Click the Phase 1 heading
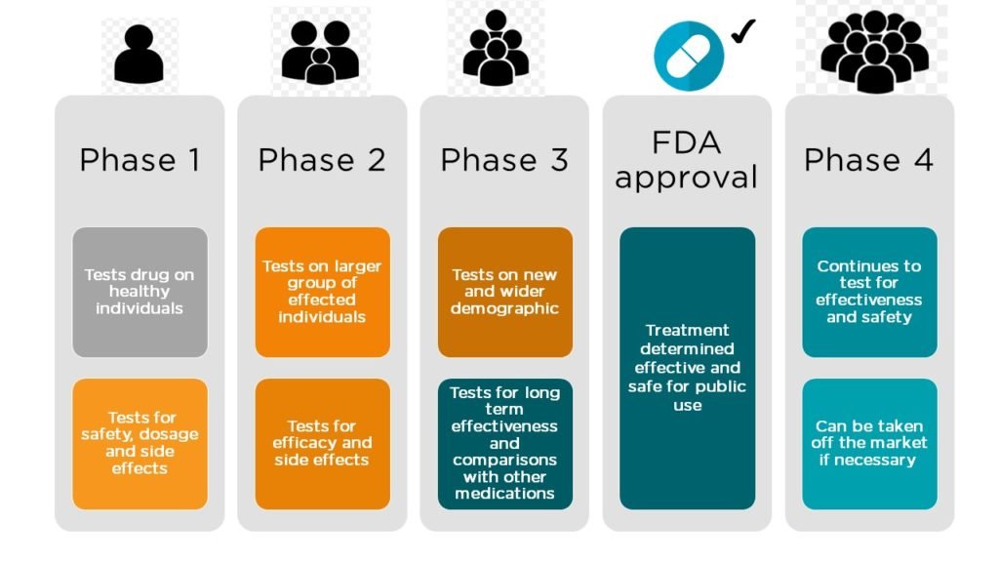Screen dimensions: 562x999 pyautogui.click(x=140, y=160)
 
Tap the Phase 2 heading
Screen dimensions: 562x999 pyautogui.click(x=322, y=160)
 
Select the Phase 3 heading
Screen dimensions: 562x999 pyautogui.click(x=504, y=160)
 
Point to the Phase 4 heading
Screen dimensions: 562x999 pyautogui.click(x=868, y=160)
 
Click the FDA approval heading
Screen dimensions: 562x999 pyautogui.click(x=686, y=160)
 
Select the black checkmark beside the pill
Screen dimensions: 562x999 pyautogui.click(x=743, y=31)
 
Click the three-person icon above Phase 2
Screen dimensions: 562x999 pyautogui.click(x=321, y=52)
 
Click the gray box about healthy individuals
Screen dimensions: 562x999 pyautogui.click(x=140, y=292)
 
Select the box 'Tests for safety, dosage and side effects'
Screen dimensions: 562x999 pyautogui.click(x=140, y=443)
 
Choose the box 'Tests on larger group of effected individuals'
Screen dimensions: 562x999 pyautogui.click(x=322, y=292)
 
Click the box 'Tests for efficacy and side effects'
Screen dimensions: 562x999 pyautogui.click(x=322, y=443)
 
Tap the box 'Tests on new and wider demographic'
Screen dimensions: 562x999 pyautogui.click(x=504, y=292)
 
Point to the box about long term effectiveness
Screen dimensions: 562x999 pyautogui.click(x=504, y=443)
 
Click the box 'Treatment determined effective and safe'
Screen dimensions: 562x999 pyautogui.click(x=687, y=368)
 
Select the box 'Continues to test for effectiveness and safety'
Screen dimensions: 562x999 pyautogui.click(x=869, y=292)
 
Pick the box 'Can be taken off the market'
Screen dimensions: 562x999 pyautogui.click(x=869, y=443)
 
